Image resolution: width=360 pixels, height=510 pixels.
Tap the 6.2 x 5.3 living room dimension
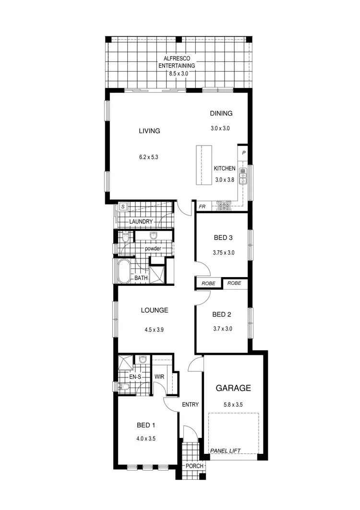coord(149,157)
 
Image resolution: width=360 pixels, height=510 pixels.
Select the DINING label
coord(221,114)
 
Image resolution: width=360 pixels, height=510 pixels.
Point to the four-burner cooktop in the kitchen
coord(224,206)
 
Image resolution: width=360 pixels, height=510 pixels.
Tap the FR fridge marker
coord(203,207)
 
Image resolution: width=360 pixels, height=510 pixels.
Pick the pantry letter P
coord(244,153)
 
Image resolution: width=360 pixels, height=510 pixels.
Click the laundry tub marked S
coord(123,206)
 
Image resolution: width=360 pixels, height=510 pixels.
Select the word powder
coord(153,248)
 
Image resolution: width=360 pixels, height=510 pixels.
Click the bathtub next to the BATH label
coord(124,272)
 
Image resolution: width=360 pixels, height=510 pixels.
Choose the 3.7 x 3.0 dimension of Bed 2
coord(222,329)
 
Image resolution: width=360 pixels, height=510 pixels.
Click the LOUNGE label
coord(155,310)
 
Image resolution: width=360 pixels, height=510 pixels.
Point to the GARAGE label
coord(233,388)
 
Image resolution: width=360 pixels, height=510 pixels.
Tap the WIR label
coord(159,376)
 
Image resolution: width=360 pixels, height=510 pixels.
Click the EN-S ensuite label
coord(136,376)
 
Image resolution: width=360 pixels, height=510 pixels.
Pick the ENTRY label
coord(190,404)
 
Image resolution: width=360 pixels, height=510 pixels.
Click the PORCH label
coord(194,466)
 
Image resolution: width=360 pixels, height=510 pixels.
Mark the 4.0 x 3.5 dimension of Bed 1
coord(146,438)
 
